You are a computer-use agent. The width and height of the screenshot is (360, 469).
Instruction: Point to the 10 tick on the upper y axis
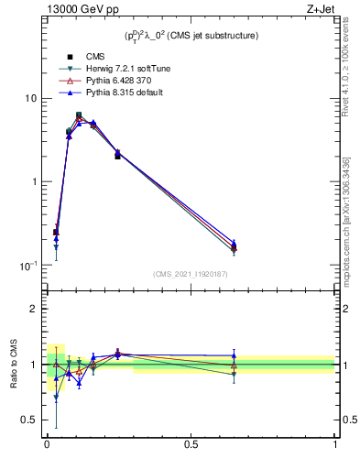[x=31, y=98]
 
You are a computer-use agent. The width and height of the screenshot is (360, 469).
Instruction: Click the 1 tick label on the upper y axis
[x=34, y=181]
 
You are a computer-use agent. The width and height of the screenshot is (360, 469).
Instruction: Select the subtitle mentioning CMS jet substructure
[x=191, y=35]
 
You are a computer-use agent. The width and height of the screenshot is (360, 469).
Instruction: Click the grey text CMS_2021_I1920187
[x=191, y=274]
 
